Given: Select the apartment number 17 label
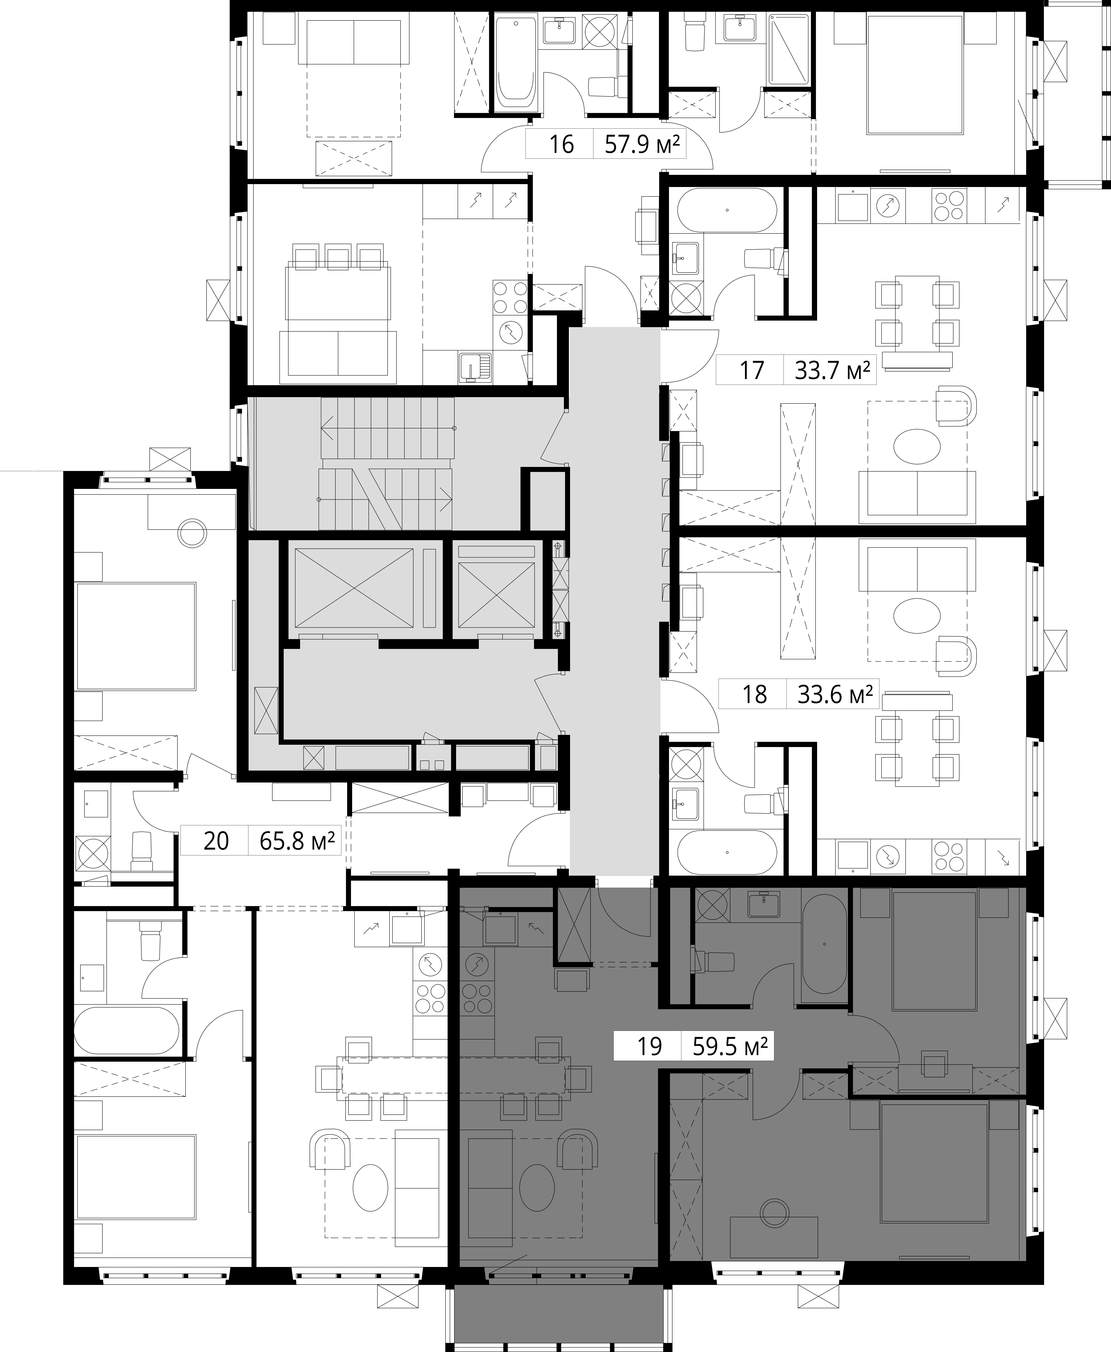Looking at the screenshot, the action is click(752, 371).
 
